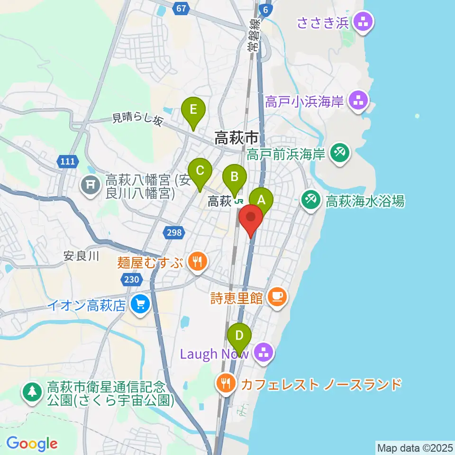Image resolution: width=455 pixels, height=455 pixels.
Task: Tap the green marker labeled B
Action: [235, 176]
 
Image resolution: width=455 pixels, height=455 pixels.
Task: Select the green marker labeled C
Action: [200, 170]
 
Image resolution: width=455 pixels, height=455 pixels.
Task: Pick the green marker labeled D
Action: [239, 335]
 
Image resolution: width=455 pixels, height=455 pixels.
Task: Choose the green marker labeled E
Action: [193, 109]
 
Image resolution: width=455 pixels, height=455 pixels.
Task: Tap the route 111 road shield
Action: [67, 162]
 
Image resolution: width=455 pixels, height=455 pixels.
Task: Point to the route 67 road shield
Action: [181, 8]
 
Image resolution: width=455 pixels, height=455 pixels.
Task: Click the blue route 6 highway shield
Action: [267, 10]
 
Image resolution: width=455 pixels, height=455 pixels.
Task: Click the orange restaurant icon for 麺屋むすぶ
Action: [195, 262]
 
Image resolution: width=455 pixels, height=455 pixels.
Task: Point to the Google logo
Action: [32, 444]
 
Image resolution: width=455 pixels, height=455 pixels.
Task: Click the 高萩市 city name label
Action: [237, 138]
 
